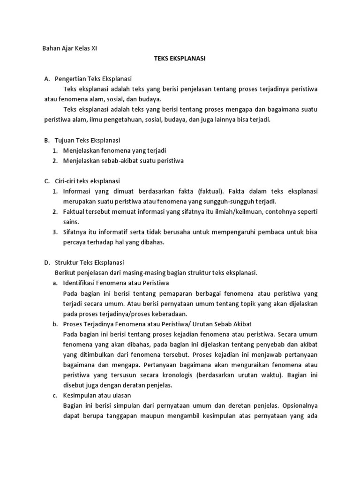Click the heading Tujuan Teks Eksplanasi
[88, 140]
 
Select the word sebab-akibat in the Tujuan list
[124, 161]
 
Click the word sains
[71, 222]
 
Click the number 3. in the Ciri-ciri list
[54, 232]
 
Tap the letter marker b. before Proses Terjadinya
[55, 324]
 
